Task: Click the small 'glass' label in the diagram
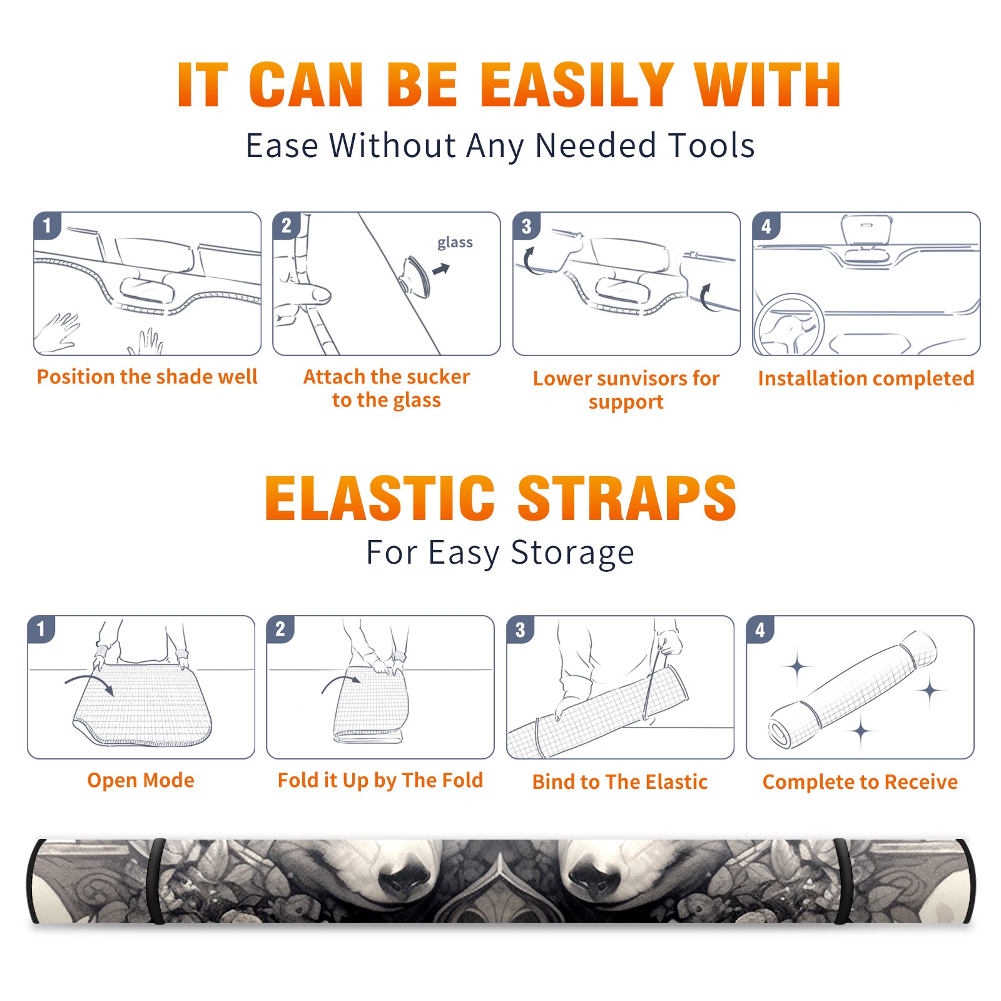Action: pos(455,243)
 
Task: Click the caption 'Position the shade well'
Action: pos(147,377)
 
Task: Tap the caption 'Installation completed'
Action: pos(866,379)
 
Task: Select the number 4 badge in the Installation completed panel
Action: pos(766,226)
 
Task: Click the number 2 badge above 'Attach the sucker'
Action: pos(287,225)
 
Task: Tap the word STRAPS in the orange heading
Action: pos(627,498)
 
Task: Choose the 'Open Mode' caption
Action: pos(141,780)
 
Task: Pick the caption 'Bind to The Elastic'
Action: pos(620,782)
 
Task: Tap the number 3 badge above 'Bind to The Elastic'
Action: pos(521,629)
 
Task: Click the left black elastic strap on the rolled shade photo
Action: pos(155,881)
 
